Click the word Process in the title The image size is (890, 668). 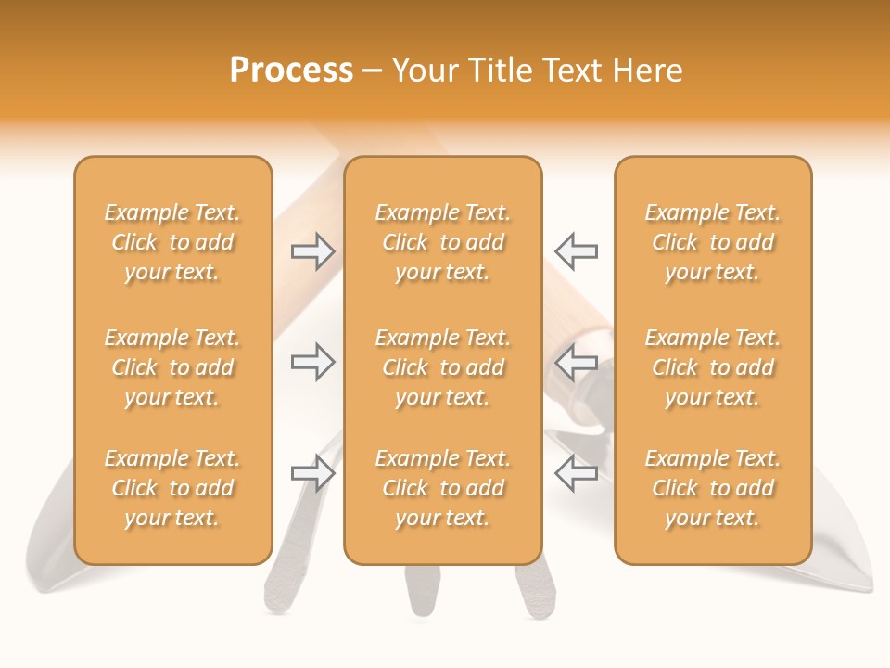(291, 71)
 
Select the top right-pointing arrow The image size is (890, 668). (313, 251)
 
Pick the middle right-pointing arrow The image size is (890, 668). (313, 362)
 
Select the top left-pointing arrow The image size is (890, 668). (577, 251)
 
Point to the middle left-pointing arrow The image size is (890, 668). (577, 362)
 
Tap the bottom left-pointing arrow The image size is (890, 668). (577, 473)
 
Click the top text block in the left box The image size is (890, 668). (172, 242)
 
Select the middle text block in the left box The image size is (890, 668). (172, 367)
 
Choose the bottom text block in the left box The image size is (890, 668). (172, 488)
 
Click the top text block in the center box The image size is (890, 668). (443, 242)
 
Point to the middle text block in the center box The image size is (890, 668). (443, 367)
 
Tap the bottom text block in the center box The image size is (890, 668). (443, 488)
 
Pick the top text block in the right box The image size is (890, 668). (713, 242)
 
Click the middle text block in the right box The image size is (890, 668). (713, 367)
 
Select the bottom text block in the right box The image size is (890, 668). (713, 488)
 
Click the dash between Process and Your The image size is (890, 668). (373, 71)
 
